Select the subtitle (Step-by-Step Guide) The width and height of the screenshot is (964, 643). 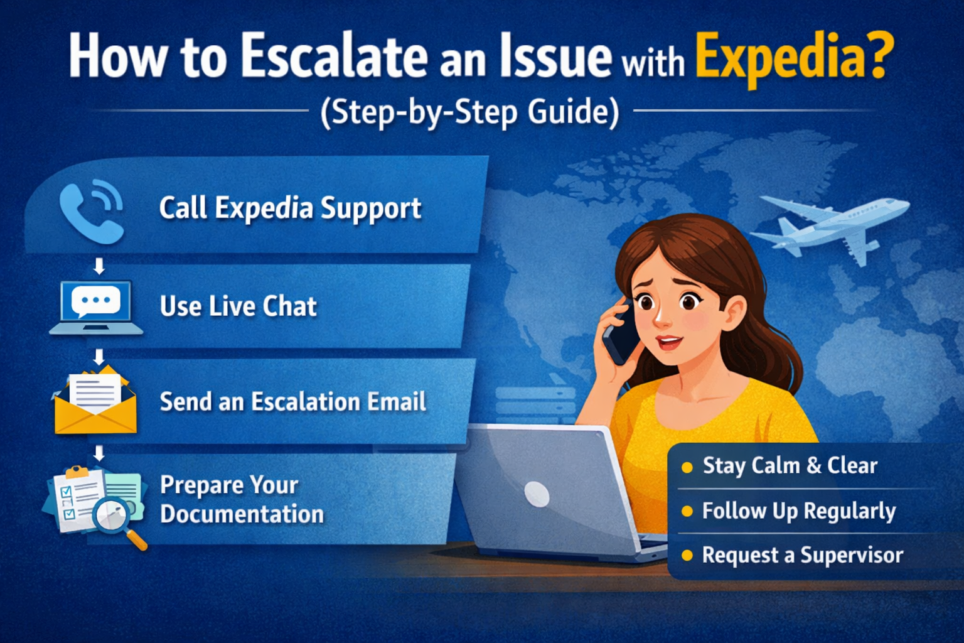point(469,113)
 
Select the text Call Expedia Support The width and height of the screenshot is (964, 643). point(290,208)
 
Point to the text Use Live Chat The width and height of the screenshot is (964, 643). point(238,306)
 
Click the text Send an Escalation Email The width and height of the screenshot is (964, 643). point(293,402)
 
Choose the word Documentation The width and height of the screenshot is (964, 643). point(242,514)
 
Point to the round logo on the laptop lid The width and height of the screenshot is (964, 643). point(537,494)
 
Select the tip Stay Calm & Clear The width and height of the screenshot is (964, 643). point(790,466)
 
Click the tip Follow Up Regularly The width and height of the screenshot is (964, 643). point(798,511)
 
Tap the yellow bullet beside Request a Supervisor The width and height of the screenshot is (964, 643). point(687,556)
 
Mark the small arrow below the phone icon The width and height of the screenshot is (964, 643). point(99,266)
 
